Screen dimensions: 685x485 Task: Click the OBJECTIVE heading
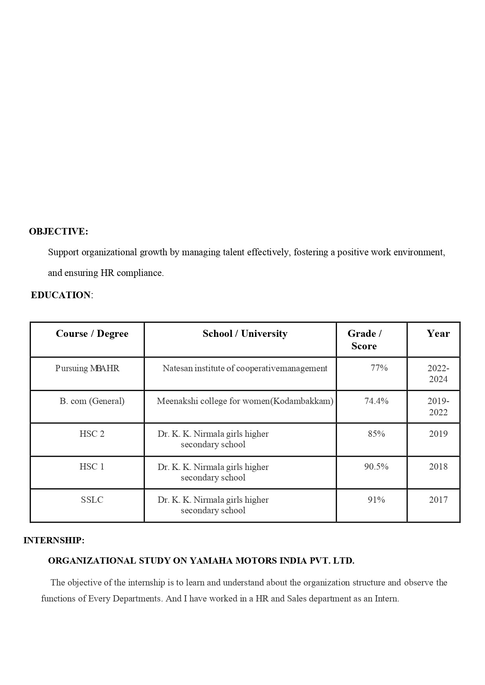[59, 231]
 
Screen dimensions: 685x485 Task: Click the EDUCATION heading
[61, 295]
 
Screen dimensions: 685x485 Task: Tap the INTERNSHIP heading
[54, 540]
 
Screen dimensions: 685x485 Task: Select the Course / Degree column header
[92, 334]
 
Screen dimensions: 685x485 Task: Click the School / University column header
[245, 334]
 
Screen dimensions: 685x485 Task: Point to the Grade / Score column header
[364, 340]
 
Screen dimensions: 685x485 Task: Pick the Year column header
[438, 334]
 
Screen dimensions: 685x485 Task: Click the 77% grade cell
[379, 368]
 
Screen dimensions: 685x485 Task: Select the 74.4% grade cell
[376, 401]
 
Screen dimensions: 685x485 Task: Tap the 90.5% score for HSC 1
[376, 466]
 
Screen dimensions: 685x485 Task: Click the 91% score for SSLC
[376, 500]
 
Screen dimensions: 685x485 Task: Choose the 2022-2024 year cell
[438, 374]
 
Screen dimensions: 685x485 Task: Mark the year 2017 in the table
[438, 500]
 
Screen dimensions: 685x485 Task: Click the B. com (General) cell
[92, 401]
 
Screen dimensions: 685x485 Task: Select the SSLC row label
[92, 500]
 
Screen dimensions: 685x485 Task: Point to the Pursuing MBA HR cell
[87, 368]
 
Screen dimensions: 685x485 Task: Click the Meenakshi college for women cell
[245, 401]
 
